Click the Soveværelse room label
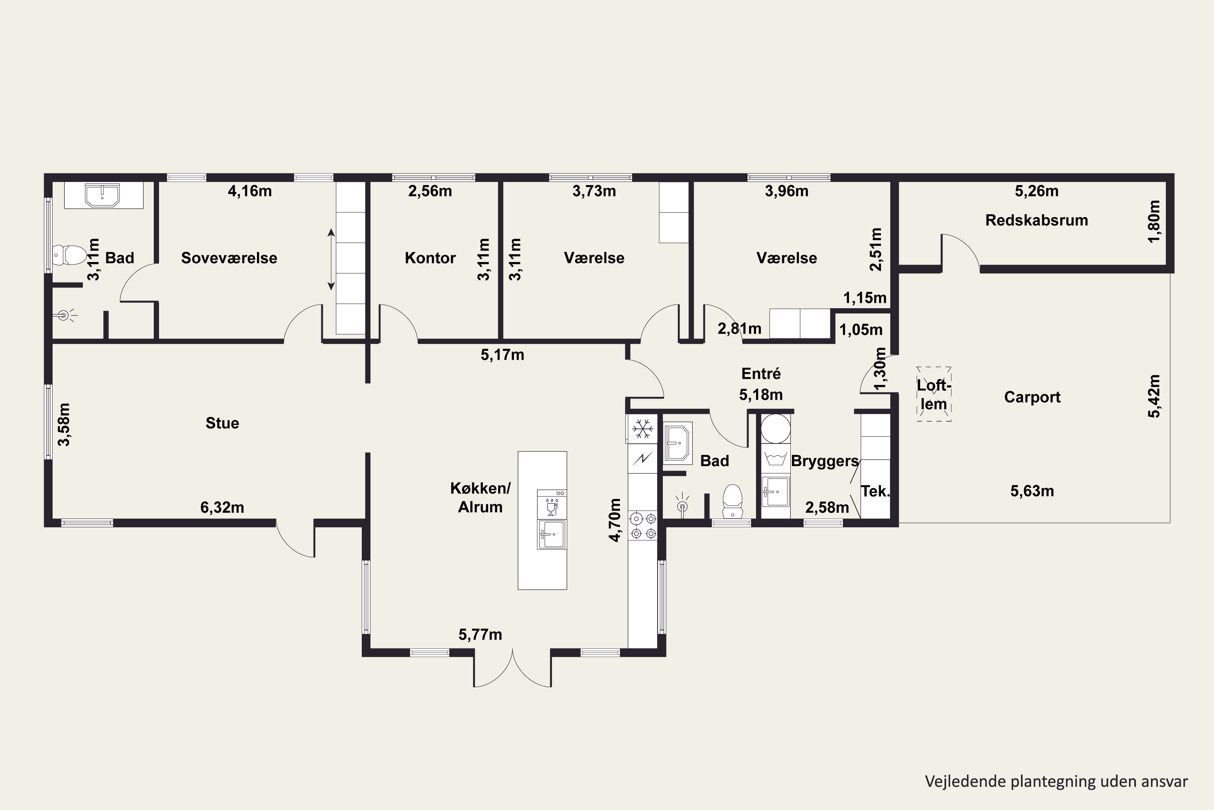point(229,258)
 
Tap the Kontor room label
point(430,258)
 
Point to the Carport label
point(1032,397)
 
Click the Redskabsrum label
point(1036,220)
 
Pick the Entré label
point(761,373)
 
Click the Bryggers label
point(825,461)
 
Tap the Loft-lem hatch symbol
point(934,394)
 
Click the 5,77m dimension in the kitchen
point(480,634)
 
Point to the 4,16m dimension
point(250,191)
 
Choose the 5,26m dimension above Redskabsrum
point(1036,191)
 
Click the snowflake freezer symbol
point(643,429)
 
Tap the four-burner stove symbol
point(643,525)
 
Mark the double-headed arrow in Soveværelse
point(331,259)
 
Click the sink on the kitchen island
point(552,535)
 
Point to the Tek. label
point(875,491)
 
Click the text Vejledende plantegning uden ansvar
point(1057,782)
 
